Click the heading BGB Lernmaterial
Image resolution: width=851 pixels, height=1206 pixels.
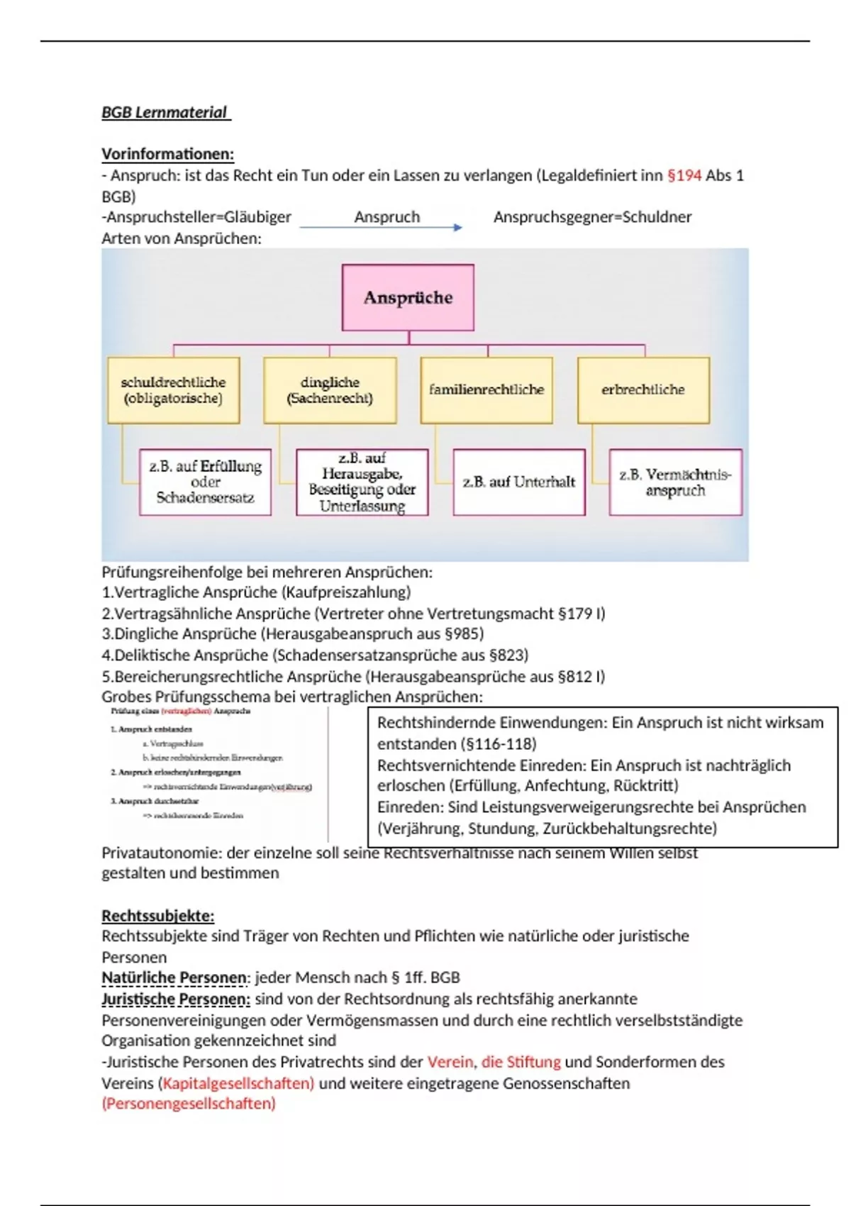165,112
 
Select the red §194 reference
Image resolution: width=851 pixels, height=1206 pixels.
684,175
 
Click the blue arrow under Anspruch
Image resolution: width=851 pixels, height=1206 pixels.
381,227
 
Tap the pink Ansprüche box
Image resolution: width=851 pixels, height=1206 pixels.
408,297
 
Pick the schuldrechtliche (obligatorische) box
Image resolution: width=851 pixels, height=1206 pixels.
173,390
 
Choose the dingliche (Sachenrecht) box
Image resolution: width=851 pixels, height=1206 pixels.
330,390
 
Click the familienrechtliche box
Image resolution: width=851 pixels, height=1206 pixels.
486,390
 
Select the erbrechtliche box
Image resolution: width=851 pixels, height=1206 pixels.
643,390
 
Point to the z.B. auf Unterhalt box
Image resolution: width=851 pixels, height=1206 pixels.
519,482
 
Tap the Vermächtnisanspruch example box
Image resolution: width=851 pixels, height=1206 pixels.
675,482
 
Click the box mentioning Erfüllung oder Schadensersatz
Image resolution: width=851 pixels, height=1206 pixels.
205,482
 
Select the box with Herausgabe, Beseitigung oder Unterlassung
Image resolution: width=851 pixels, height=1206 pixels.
362,482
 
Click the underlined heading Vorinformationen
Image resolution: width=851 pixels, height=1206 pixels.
167,154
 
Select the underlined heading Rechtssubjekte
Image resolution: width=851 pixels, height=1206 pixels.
157,915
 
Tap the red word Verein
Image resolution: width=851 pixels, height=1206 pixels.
450,1062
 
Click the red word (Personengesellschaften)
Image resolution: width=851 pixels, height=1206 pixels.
189,1104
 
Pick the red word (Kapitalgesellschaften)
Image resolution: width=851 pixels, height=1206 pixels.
238,1083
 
